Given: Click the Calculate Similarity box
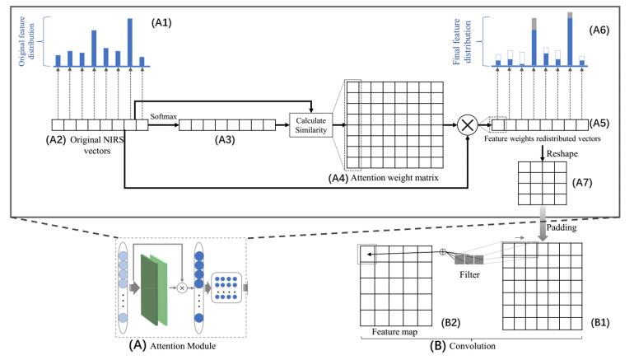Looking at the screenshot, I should pos(313,124).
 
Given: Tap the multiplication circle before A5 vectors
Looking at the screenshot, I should pos(468,125).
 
